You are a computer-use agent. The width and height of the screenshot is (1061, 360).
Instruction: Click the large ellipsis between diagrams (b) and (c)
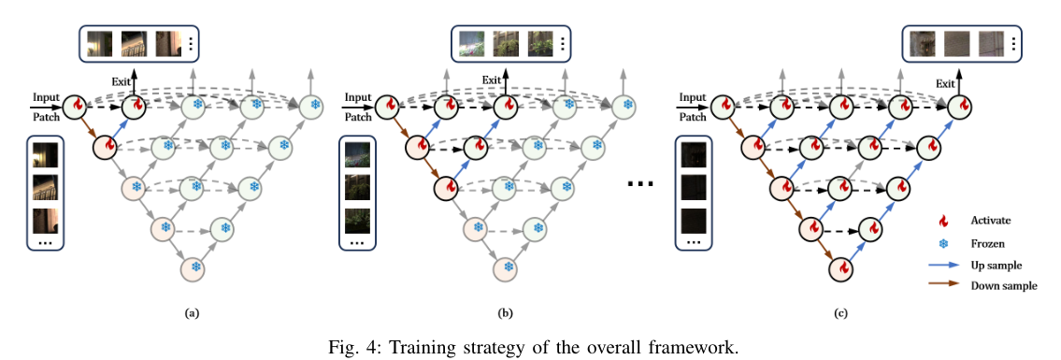click(x=639, y=183)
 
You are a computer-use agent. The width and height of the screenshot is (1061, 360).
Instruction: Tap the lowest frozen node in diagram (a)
click(x=194, y=267)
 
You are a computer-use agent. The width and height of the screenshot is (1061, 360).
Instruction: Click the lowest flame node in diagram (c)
click(x=842, y=268)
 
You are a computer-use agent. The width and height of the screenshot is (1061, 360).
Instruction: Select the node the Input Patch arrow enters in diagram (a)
click(x=74, y=107)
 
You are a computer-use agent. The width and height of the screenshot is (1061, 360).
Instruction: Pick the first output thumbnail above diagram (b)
click(x=471, y=43)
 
